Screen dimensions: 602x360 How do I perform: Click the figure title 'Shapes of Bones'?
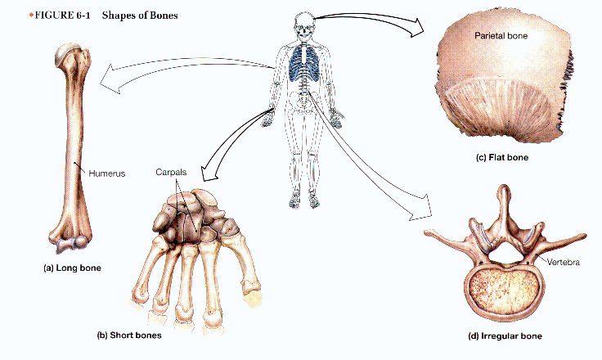point(140,16)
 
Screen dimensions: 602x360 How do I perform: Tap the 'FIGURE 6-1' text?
point(63,16)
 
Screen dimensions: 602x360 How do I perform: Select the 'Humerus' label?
point(106,173)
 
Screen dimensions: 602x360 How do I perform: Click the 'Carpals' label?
point(171,172)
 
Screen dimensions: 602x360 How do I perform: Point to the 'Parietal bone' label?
point(501,36)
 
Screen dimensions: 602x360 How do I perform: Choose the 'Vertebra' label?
point(564,263)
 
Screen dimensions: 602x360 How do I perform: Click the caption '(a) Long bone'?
point(73,268)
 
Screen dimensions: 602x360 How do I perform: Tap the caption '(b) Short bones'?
point(129,335)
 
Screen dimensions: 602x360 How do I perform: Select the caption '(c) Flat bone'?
point(501,158)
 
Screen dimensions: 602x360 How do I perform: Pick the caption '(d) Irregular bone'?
point(505,336)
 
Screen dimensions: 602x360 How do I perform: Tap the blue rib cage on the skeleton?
point(303,64)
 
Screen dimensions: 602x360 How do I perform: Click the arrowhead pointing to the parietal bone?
point(416,27)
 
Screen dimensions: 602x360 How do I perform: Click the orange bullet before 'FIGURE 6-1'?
point(31,16)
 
